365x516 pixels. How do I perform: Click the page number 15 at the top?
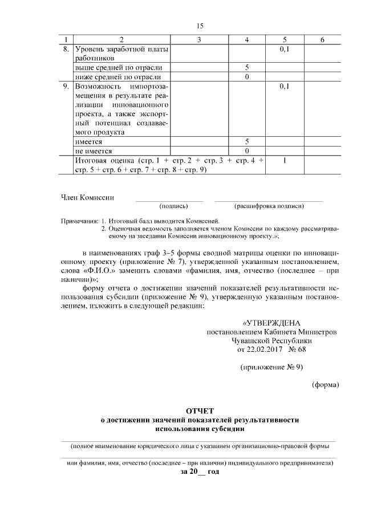point(199,26)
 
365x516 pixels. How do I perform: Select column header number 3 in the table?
point(199,39)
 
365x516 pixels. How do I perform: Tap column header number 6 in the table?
point(322,39)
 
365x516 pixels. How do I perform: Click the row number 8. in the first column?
point(66,49)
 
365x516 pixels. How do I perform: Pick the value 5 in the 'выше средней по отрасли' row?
point(247,67)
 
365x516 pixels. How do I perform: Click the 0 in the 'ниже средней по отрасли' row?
point(247,76)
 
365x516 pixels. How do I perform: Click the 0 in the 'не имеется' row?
point(247,151)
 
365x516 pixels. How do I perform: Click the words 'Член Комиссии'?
point(87,197)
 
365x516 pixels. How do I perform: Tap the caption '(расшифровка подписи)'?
point(269,206)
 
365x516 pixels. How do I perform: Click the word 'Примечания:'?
point(79,221)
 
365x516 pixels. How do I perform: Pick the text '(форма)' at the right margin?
point(325,384)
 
